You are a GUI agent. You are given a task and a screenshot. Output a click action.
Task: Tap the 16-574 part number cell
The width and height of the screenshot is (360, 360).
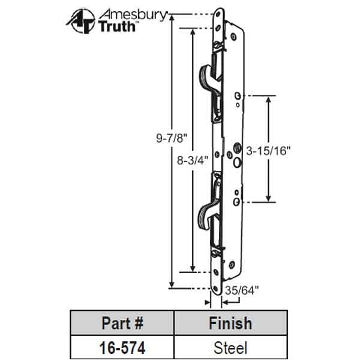pos(122,347)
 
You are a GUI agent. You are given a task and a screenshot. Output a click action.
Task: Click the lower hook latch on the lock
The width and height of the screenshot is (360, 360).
pos(206,210)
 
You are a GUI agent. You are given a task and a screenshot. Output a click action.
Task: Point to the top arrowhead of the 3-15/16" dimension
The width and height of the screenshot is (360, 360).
pos(268,99)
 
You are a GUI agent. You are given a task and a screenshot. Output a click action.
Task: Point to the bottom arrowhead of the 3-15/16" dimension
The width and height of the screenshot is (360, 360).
pos(268,199)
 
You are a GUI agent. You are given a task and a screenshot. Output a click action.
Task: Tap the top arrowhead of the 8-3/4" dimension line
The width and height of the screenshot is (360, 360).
pos(193,32)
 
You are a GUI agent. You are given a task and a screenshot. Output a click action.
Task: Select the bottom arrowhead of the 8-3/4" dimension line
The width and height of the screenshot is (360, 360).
pos(193,268)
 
